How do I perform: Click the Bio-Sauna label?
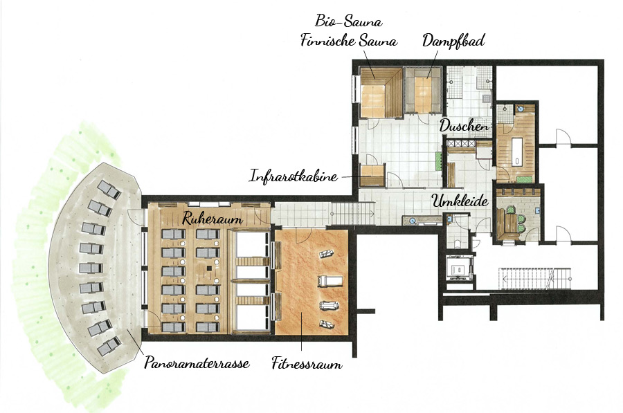click(348, 21)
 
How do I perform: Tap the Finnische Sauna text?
click(348, 41)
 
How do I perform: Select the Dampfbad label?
click(453, 41)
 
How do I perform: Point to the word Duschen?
click(464, 126)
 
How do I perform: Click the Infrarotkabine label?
click(294, 176)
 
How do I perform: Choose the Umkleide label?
click(460, 201)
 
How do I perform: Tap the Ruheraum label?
click(213, 219)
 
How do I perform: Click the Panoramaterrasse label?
click(197, 362)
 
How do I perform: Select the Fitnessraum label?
click(307, 363)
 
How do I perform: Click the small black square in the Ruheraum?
click(209, 269)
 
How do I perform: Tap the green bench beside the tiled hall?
click(439, 160)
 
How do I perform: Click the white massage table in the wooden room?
click(517, 151)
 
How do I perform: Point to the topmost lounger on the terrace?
click(109, 190)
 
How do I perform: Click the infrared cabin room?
click(372, 175)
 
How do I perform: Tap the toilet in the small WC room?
click(457, 243)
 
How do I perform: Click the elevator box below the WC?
click(460, 268)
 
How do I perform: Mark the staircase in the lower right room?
click(535, 278)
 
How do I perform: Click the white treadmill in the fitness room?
click(329, 281)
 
